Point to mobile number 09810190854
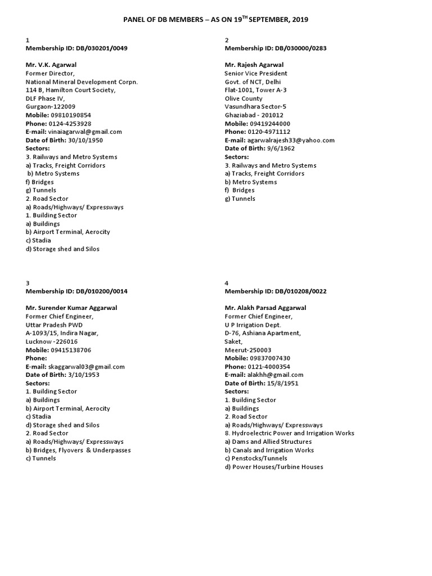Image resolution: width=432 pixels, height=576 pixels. click(71, 115)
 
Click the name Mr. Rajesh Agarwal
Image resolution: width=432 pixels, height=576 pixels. click(254, 65)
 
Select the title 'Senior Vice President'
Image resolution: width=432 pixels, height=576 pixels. click(255, 74)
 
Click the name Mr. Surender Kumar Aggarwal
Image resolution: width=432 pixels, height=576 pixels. click(71, 308)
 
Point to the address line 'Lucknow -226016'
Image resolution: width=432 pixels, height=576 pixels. click(52, 341)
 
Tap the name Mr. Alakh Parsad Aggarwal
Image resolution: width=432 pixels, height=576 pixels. click(267, 308)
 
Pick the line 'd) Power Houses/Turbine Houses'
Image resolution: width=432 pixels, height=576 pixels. click(274, 467)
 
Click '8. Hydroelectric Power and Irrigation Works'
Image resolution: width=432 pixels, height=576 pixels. click(289, 433)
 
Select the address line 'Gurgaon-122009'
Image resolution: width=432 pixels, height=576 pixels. click(51, 106)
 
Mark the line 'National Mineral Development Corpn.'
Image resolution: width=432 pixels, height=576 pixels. click(82, 82)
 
